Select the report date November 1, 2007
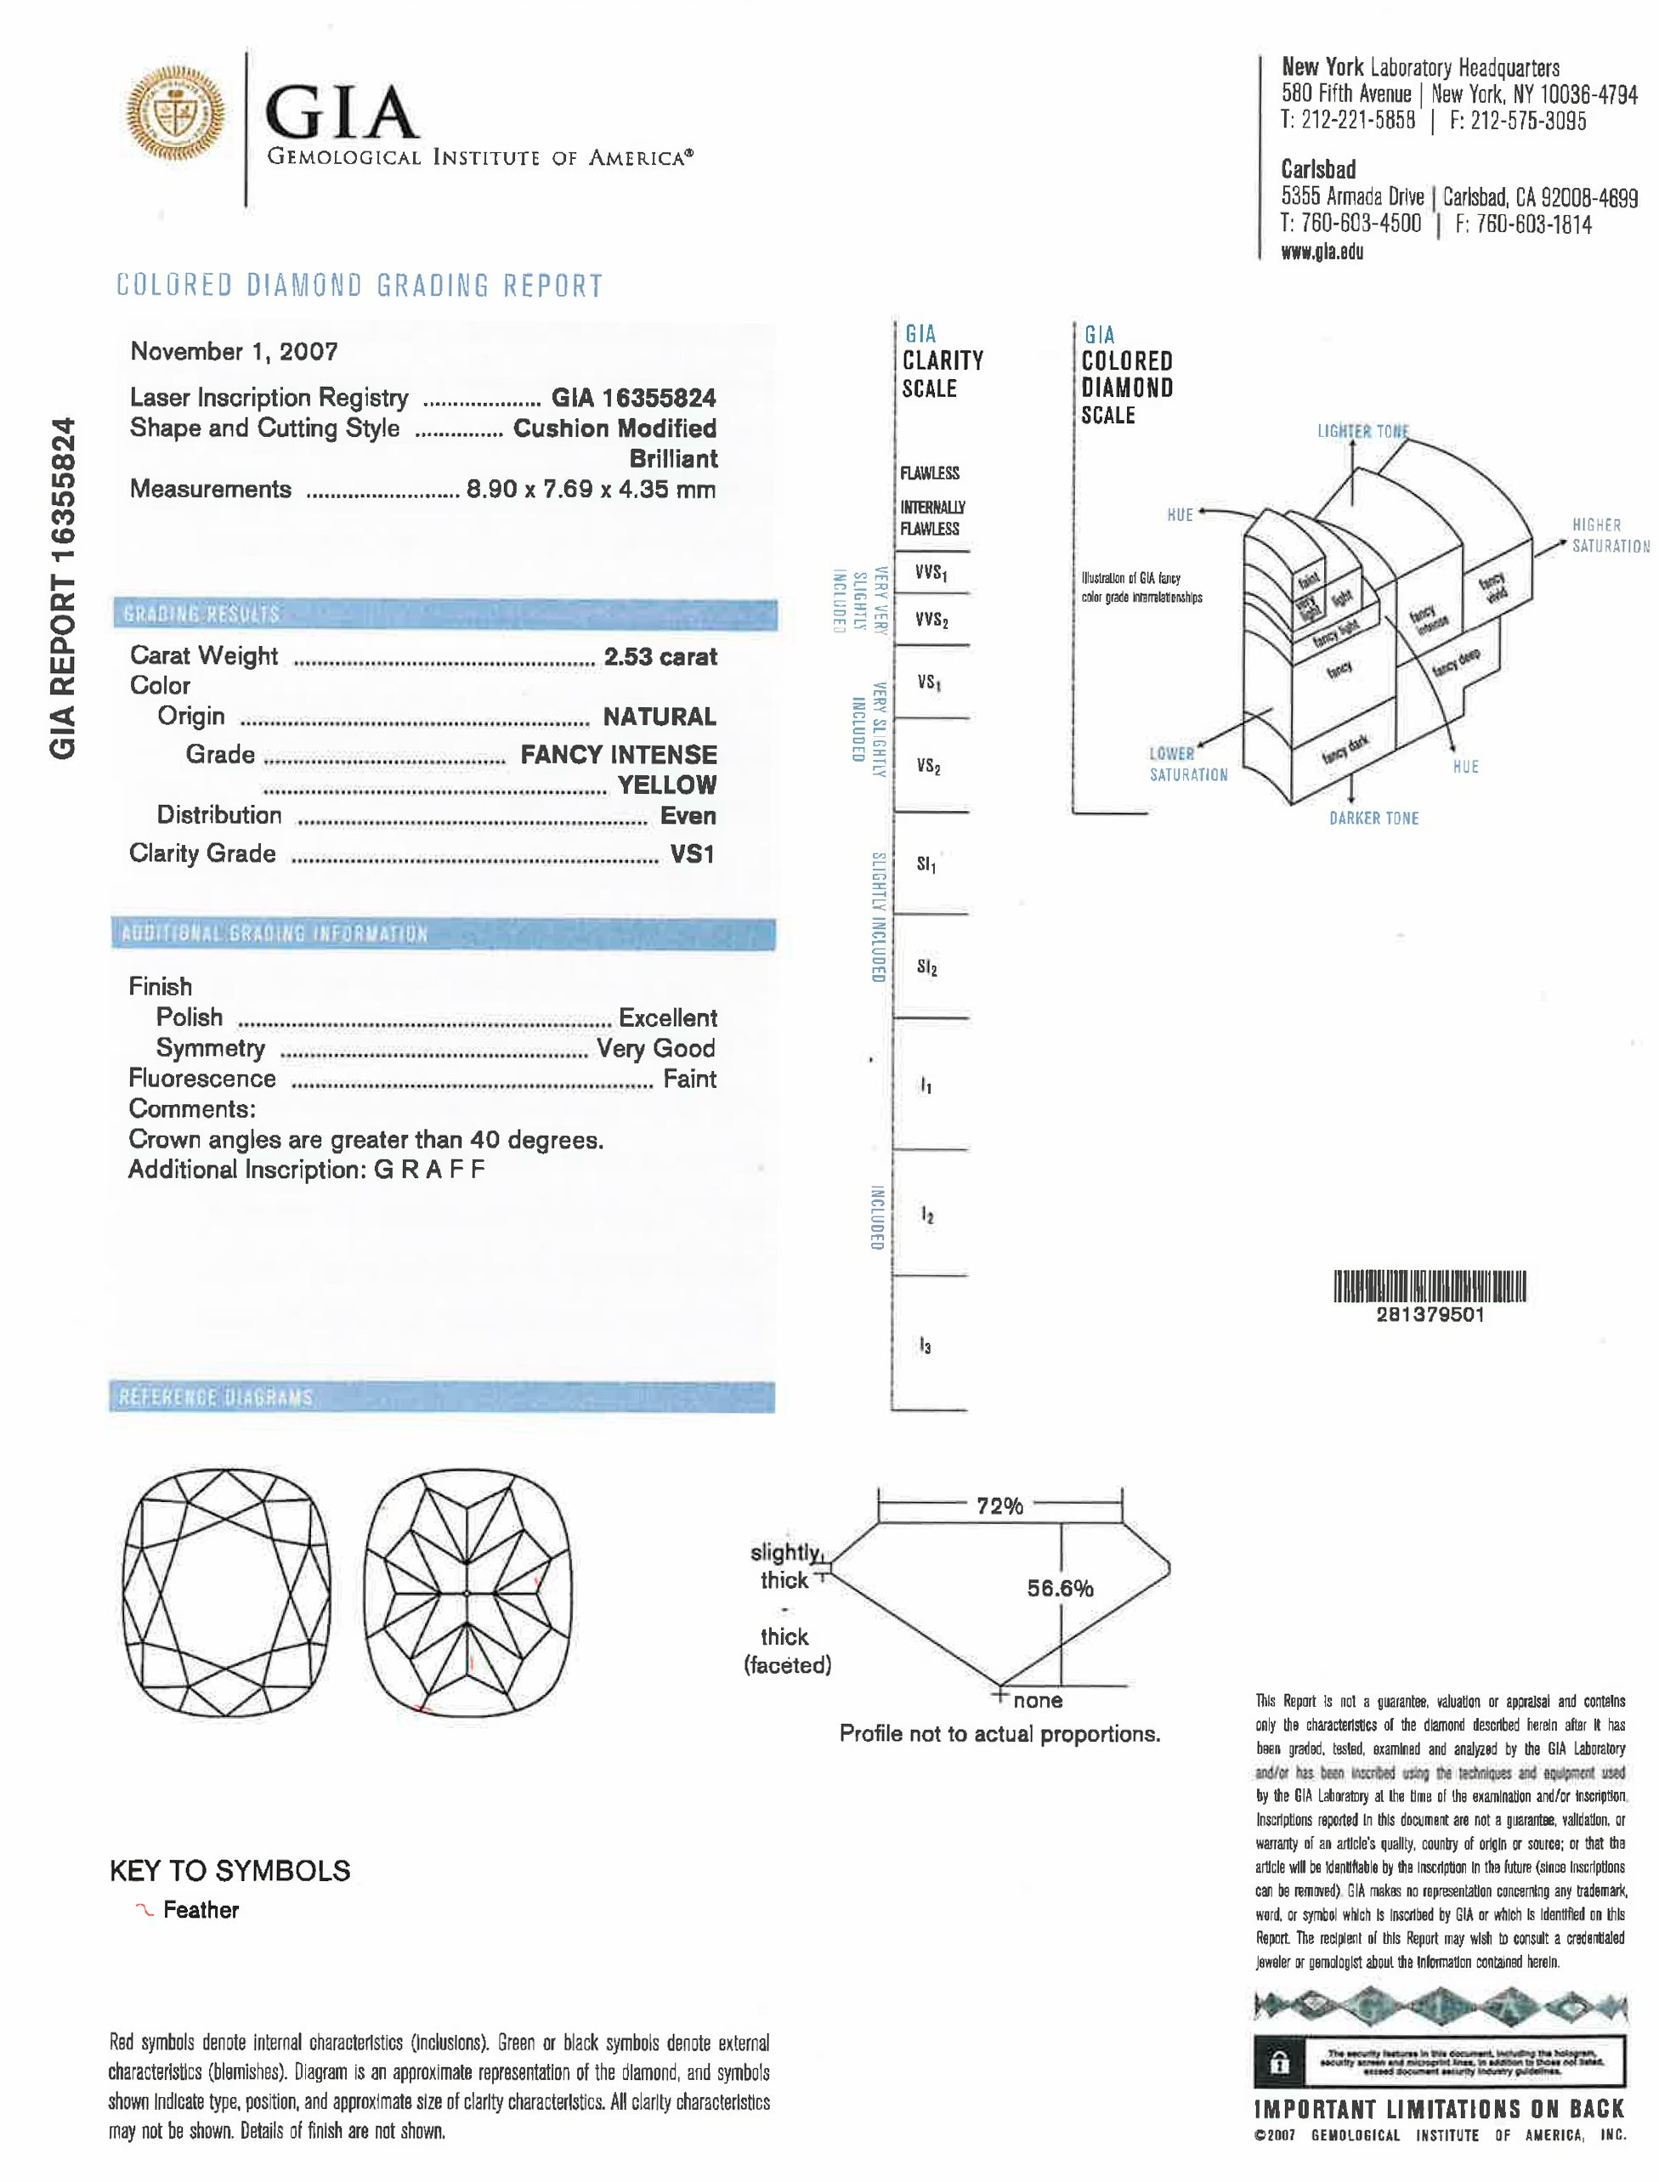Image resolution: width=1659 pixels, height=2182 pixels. tap(234, 352)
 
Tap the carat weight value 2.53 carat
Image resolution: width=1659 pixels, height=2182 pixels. tap(660, 657)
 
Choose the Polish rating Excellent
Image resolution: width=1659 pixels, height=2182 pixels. tap(667, 1017)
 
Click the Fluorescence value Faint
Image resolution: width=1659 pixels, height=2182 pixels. tap(689, 1079)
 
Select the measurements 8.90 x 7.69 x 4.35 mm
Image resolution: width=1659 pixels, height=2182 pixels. tap(591, 489)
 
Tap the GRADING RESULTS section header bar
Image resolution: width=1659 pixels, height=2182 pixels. tap(444, 615)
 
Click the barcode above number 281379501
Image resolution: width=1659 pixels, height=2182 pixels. tap(1430, 1286)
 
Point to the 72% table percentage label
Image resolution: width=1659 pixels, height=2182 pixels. tap(999, 1506)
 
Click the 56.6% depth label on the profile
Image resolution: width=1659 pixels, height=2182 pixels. tap(1060, 1589)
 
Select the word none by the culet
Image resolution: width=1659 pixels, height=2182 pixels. tap(1038, 1701)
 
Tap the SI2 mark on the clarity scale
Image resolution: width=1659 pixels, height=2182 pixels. tap(926, 967)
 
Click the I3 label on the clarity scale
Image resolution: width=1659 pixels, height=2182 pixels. tap(926, 1346)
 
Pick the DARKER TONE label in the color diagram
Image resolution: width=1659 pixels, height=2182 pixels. tap(1373, 818)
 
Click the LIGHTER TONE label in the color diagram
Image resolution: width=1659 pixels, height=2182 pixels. tap(1362, 432)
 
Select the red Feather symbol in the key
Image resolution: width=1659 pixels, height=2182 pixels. tap(144, 1910)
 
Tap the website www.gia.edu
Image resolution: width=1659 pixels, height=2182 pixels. tap(1322, 252)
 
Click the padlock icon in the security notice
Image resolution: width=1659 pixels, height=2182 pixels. tap(1279, 2062)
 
